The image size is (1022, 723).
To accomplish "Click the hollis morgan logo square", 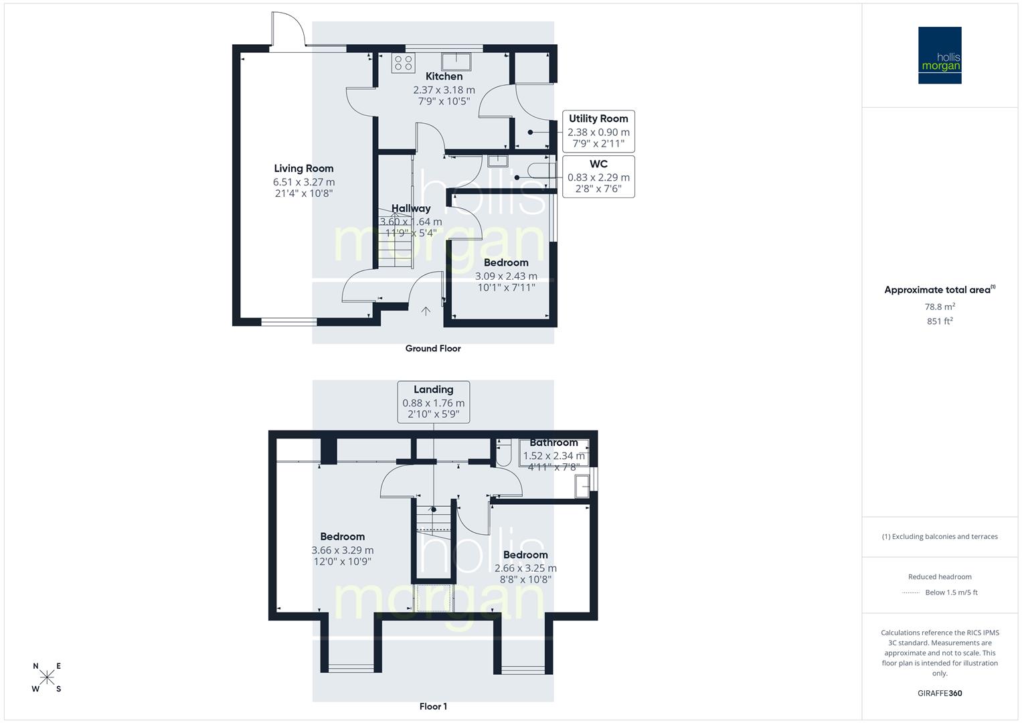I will point(939,55).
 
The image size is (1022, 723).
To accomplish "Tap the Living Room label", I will point(303,169).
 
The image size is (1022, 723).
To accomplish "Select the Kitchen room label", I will point(444,76).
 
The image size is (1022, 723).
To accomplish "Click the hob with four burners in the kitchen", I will point(403,63).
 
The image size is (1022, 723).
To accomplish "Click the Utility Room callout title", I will point(598,118).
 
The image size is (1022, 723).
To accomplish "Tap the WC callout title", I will point(598,164).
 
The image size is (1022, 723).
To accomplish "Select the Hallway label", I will point(411,208).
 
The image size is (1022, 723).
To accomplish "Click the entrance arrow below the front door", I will point(426,311).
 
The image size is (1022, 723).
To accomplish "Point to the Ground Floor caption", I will point(433,348).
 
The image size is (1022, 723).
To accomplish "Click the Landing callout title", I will point(433,390).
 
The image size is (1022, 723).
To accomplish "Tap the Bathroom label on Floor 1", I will point(553,443).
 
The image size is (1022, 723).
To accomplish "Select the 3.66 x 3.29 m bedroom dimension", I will point(342,550).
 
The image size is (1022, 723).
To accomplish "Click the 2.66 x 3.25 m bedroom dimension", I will point(525,568).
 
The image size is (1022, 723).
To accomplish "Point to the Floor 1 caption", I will point(433,706).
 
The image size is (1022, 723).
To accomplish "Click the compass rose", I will point(47,677).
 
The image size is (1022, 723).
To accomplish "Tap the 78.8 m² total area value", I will point(940,307).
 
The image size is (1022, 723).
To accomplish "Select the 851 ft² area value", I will point(940,321).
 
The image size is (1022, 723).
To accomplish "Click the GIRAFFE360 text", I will point(940,693).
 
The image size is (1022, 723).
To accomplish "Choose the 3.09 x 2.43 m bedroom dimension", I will point(506,276).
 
